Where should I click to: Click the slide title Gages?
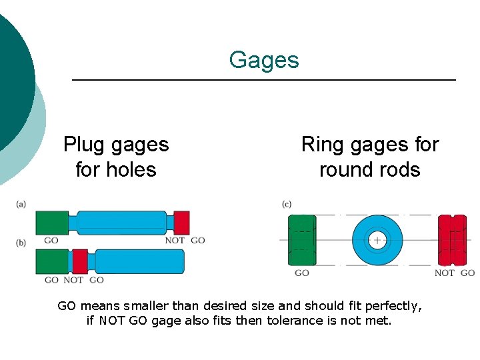[264, 60]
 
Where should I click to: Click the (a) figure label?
[21, 204]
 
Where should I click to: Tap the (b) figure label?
[21, 243]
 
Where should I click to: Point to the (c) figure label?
[287, 204]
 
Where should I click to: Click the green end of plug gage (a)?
[51, 223]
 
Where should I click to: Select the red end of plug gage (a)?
[181, 223]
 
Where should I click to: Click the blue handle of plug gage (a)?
[121, 223]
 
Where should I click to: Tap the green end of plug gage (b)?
[51, 261]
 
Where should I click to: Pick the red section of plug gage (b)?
[80, 261]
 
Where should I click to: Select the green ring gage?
[302, 240]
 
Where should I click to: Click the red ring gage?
[452, 240]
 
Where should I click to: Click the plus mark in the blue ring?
[377, 240]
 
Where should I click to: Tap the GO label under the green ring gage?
[302, 273]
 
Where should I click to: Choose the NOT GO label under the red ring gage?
[455, 273]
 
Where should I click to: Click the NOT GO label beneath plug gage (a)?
[185, 240]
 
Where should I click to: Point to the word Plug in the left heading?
[85, 144]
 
